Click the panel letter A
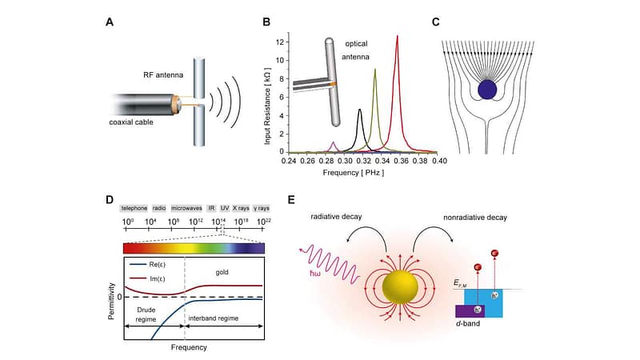(109, 22)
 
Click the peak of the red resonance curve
(397, 36)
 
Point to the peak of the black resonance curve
(360, 110)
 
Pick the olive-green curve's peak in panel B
(374, 70)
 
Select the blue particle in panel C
(487, 89)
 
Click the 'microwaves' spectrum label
(186, 207)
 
